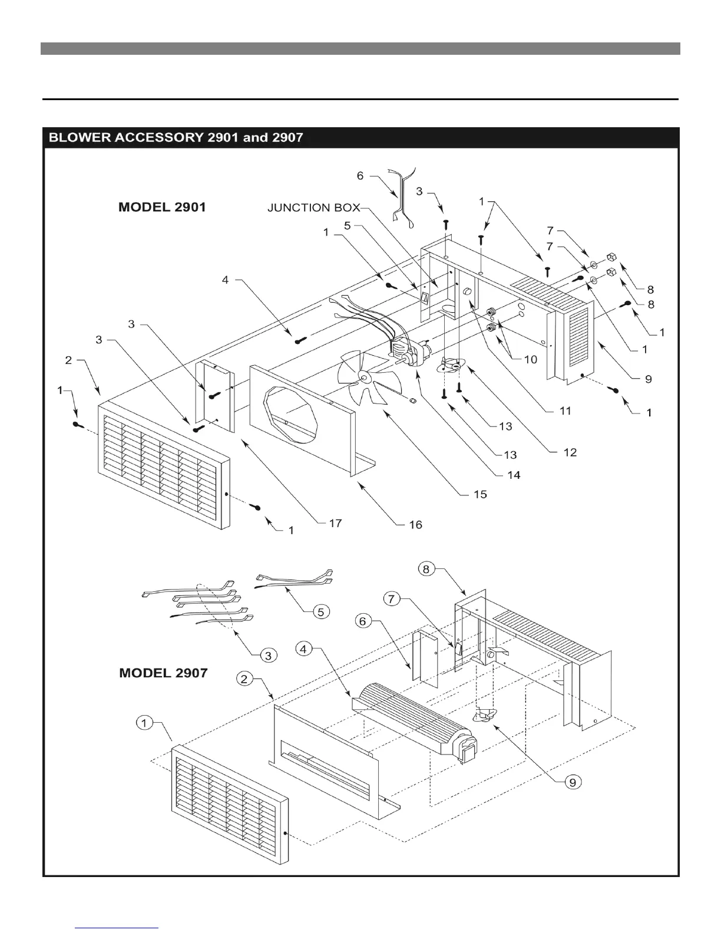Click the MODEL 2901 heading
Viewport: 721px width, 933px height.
[162, 207]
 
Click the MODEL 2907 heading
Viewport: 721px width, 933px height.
[163, 673]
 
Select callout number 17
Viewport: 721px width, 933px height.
[335, 523]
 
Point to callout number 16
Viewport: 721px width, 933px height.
[415, 524]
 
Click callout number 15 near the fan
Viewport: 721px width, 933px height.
[480, 494]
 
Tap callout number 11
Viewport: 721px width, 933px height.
[565, 411]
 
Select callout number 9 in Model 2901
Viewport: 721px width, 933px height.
[649, 379]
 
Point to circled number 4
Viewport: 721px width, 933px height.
[303, 649]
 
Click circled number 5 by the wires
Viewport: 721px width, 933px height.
[320, 612]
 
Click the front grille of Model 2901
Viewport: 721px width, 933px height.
[162, 464]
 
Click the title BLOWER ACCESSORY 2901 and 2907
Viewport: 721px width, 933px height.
[176, 138]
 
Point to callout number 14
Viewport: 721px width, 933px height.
[514, 475]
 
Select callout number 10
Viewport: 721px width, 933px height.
[531, 359]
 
